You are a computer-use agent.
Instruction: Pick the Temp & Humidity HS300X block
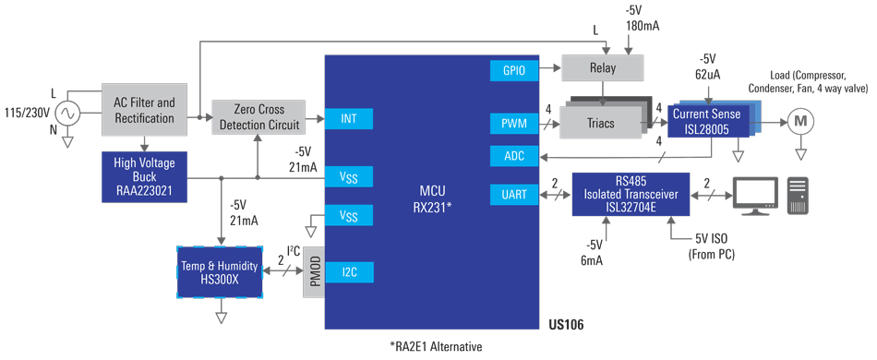(220, 272)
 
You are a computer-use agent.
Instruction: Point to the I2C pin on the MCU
(349, 271)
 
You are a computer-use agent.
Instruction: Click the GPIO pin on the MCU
(514, 69)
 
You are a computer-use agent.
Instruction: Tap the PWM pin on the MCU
(514, 122)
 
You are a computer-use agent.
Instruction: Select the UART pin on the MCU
(514, 195)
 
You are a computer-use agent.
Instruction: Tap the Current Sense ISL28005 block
(709, 121)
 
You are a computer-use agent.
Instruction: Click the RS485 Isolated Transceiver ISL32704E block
(631, 194)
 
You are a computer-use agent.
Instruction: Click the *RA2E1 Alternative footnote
(435, 346)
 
